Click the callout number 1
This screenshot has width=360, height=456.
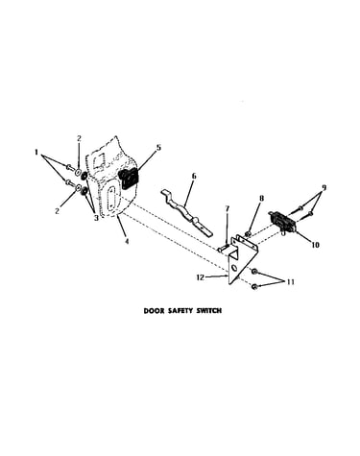(36, 153)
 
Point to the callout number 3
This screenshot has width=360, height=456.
(96, 218)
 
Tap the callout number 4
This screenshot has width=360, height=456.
(127, 241)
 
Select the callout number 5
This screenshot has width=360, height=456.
(158, 148)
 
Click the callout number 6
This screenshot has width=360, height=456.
(194, 177)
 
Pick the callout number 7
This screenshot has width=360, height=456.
(228, 209)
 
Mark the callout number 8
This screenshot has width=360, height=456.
(261, 199)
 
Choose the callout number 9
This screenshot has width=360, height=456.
(324, 187)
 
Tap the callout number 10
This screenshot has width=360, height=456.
(315, 245)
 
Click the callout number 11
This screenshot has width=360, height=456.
(290, 282)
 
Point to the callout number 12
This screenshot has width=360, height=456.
(200, 277)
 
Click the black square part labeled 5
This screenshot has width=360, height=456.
(128, 179)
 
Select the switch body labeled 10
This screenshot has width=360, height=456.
(281, 221)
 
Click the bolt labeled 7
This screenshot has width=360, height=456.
(223, 249)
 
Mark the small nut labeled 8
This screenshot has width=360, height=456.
(248, 234)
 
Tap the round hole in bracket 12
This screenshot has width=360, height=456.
(234, 267)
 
